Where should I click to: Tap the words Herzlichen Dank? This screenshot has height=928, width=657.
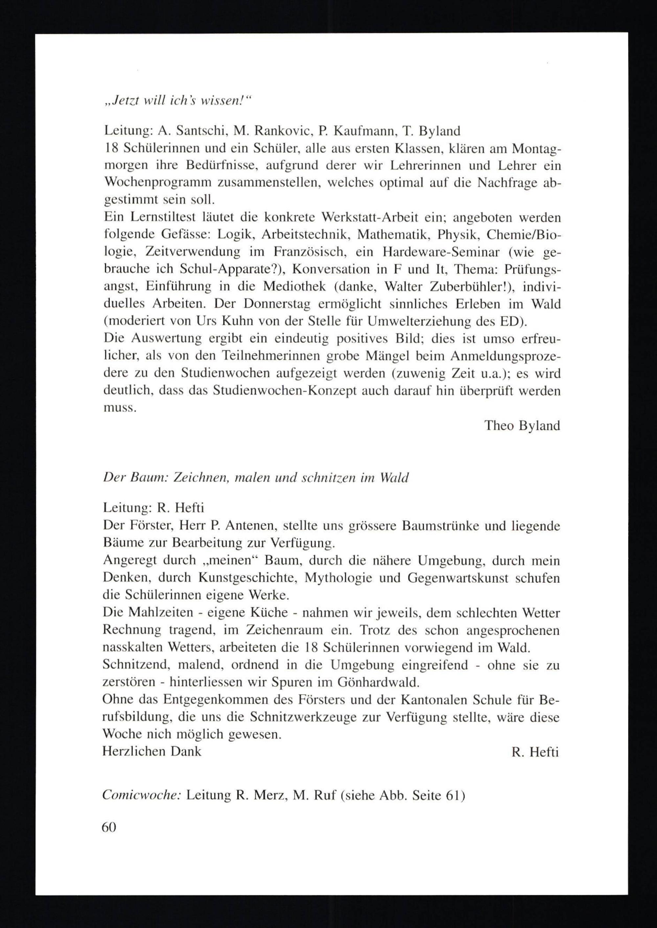152,751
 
